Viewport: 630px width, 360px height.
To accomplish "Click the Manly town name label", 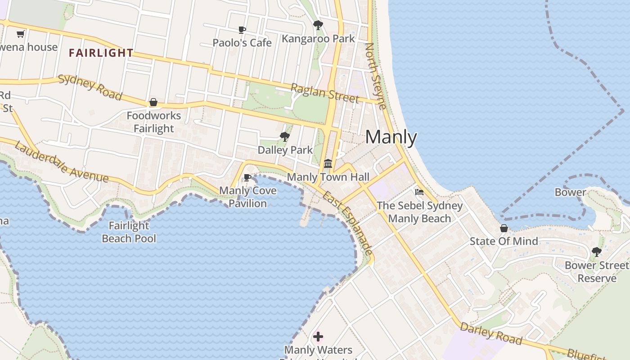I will (x=391, y=137).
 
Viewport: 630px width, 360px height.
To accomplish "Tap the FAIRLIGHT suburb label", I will (x=101, y=53).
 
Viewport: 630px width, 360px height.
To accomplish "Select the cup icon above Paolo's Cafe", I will (x=242, y=30).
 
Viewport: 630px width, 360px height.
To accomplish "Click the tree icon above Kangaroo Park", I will (x=318, y=25).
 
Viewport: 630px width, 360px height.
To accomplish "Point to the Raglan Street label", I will (x=324, y=93).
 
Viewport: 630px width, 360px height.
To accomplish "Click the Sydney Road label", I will (x=90, y=87).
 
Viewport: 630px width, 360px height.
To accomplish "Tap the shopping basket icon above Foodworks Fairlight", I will (x=153, y=103).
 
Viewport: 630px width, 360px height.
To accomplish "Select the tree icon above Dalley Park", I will (x=284, y=137).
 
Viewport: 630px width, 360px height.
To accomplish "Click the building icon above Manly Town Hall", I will (x=328, y=163).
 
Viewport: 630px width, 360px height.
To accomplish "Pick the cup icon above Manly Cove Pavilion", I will (x=247, y=177).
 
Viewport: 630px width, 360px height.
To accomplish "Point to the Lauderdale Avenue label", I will (x=61, y=162).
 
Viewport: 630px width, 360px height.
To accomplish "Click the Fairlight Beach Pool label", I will (x=129, y=232).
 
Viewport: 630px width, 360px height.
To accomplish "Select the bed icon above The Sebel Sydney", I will (x=419, y=192).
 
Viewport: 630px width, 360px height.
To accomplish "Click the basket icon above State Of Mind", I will (x=504, y=228).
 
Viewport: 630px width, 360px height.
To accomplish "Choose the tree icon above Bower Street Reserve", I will (x=597, y=252).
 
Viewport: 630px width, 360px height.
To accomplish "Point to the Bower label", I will (x=570, y=192).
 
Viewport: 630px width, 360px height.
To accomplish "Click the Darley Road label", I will (x=491, y=333).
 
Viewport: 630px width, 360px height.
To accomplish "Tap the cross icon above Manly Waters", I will (x=318, y=336).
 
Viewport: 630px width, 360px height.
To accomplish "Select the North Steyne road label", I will (x=375, y=76).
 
